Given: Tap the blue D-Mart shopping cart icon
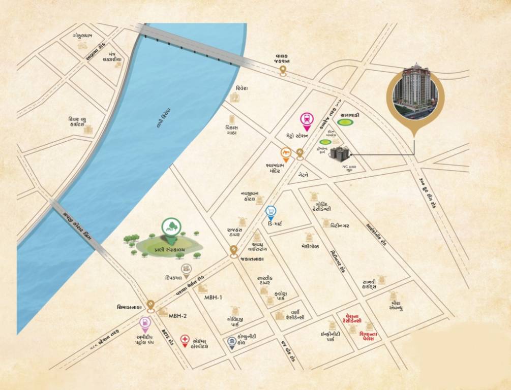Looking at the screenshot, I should (x=271, y=211).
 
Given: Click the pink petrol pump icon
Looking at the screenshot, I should (x=145, y=322).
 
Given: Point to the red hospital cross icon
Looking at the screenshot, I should (x=185, y=339).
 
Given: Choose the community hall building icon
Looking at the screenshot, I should (x=232, y=344).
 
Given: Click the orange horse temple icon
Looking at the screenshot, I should (x=286, y=153).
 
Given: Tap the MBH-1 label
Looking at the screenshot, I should (x=213, y=297).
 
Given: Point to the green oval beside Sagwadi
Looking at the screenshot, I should (x=346, y=122).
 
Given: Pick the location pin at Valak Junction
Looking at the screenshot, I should (x=283, y=73).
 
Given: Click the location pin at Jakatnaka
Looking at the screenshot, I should (x=233, y=250).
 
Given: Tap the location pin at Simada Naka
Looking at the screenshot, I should (x=151, y=305).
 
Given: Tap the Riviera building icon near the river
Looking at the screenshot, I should (x=234, y=97).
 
